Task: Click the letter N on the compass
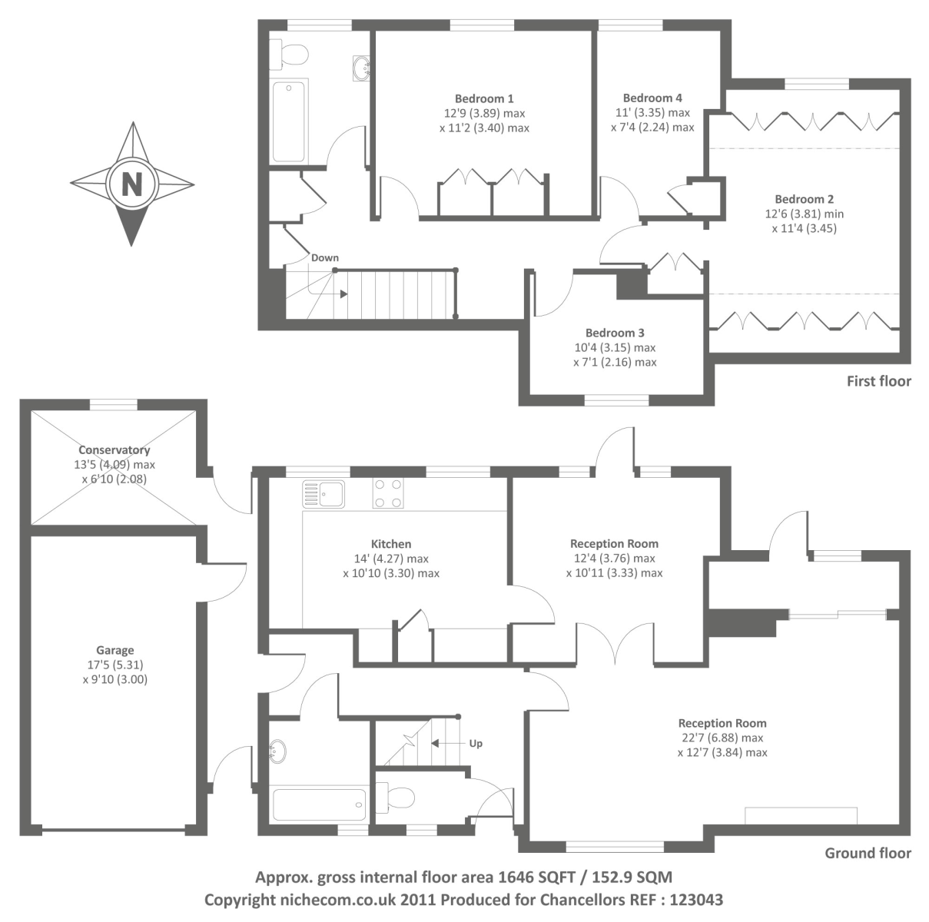tap(132, 184)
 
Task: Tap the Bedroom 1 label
tap(484, 98)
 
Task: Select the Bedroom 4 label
tap(652, 98)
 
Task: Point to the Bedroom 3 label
tap(615, 333)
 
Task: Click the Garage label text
tap(115, 650)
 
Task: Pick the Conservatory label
tap(114, 450)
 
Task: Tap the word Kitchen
tap(391, 544)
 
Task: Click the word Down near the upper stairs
tap(324, 258)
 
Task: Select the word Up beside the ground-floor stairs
tap(476, 744)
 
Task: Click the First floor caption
tap(878, 381)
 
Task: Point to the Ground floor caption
tap(868, 853)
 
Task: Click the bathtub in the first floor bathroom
tap(289, 121)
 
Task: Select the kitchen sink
tap(323, 493)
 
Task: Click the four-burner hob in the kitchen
tap(387, 493)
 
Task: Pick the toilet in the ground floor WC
tap(396, 798)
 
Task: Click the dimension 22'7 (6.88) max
tap(722, 738)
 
